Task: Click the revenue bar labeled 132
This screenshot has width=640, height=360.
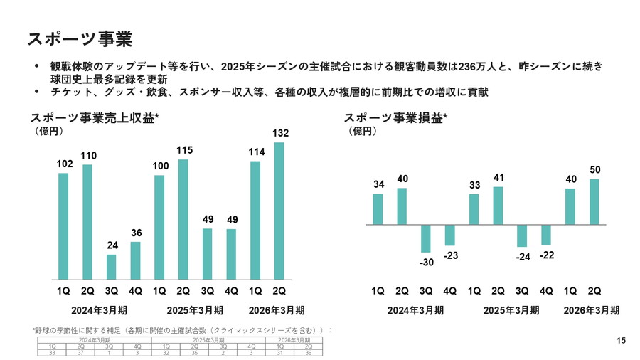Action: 279,211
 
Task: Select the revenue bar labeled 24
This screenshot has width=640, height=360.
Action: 112,267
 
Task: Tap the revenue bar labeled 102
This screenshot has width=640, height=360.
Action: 63,226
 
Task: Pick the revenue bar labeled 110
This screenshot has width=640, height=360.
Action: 87,222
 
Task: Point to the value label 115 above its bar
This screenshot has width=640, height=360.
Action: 183,150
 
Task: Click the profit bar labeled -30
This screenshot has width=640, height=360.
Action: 426,238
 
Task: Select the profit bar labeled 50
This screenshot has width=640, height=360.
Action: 594,201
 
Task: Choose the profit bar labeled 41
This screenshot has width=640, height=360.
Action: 498,206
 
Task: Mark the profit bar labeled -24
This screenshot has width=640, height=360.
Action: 522,235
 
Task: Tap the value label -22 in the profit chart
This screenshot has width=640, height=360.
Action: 546,255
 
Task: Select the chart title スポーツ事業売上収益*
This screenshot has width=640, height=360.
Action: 93,118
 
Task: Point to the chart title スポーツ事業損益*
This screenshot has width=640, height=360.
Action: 395,118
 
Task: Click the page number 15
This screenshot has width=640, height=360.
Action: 621,341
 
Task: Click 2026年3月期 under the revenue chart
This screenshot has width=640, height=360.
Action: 276,310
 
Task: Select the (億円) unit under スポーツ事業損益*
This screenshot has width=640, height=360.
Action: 362,132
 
